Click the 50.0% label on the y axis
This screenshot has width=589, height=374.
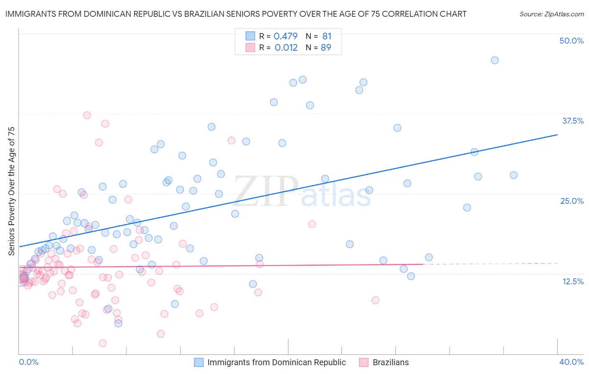point(571,41)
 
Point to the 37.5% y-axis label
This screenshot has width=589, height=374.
point(573,121)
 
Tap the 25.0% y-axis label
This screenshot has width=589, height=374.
point(572,201)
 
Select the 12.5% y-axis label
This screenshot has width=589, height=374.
point(573,281)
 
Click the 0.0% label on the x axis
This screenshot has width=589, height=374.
point(28,362)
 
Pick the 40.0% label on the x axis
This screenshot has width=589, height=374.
point(571,362)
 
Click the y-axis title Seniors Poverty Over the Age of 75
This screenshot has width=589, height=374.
point(11,191)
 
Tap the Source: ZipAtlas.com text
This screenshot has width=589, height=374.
point(551,14)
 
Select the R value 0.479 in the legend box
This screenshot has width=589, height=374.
point(285,36)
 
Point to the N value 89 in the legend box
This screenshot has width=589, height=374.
point(325,47)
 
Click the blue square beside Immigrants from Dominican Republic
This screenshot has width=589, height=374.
point(199,362)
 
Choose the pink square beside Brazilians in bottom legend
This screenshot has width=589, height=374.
point(364,362)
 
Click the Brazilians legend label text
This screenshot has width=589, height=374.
point(390,362)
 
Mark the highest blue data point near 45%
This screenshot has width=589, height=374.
point(495,60)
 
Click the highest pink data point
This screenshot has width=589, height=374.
point(87,115)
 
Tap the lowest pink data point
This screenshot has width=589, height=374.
point(103,343)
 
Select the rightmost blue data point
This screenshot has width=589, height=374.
point(514,175)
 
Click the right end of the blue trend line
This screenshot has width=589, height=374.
point(557,135)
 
